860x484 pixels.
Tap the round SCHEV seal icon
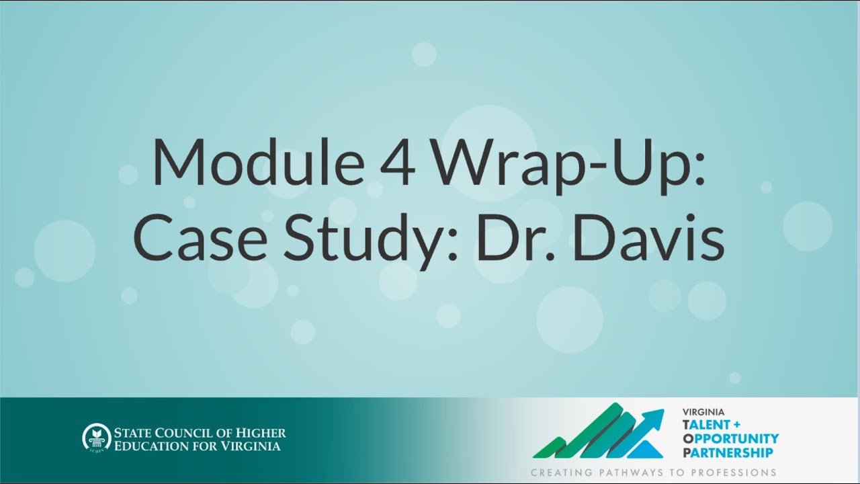(x=95, y=437)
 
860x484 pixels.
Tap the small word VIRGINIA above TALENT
(x=703, y=412)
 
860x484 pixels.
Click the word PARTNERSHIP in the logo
(x=728, y=452)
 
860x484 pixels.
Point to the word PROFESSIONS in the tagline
(x=734, y=473)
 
